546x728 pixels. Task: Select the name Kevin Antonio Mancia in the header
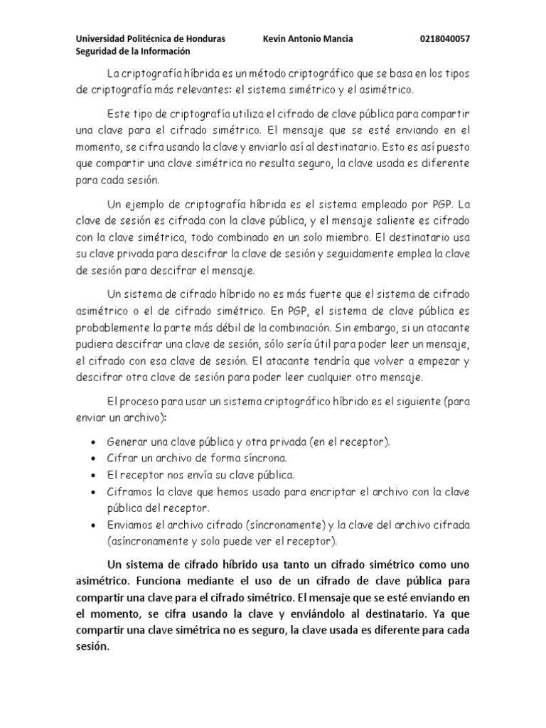[x=308, y=38]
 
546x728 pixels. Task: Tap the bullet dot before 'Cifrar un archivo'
[x=95, y=459]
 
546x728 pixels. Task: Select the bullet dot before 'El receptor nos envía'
[x=95, y=474]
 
